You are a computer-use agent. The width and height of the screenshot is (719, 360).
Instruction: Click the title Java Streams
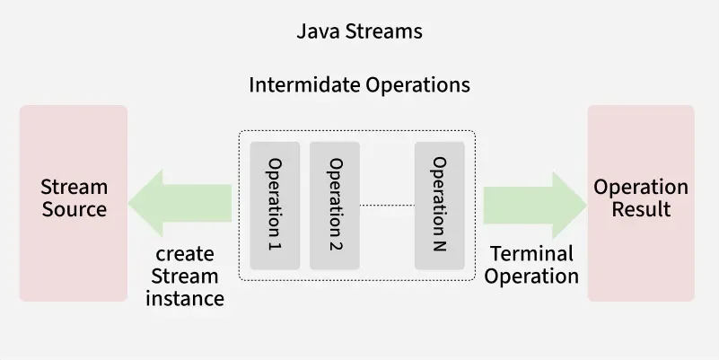coord(359,32)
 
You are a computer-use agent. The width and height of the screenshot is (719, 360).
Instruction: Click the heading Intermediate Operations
coord(359,85)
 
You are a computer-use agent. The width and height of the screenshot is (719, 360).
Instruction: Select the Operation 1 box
coord(275,205)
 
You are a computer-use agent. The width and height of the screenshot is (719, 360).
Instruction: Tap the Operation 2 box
coord(335,205)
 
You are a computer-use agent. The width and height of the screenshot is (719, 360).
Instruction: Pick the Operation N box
coord(439,205)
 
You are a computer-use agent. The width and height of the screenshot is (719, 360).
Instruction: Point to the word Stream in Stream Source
coord(74,188)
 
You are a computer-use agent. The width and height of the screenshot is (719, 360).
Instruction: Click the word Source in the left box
coord(74,210)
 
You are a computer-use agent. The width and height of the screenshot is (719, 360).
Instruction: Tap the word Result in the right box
coord(641,210)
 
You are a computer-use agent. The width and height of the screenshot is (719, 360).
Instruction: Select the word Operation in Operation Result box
coord(641,188)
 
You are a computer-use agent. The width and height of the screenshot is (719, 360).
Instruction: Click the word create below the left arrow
coord(185,254)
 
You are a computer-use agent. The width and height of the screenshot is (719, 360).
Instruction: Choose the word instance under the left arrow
coord(185,298)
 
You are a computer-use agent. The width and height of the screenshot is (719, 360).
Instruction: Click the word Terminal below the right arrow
coord(531,254)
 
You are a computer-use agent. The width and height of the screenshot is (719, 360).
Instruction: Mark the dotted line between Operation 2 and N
coord(387,206)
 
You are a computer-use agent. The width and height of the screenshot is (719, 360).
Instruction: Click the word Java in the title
coord(314,32)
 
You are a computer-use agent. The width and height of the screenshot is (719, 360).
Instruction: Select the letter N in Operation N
coord(439,244)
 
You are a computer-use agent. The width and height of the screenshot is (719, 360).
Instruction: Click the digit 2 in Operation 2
coord(335,242)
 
